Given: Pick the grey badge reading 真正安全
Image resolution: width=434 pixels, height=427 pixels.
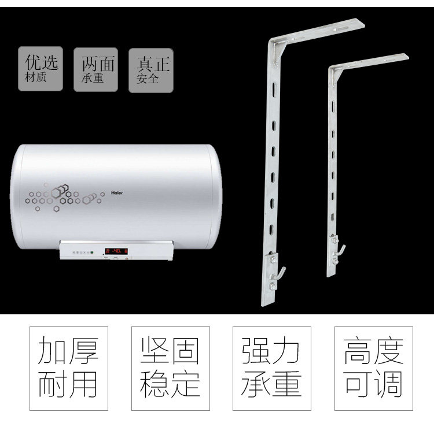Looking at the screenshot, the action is (150, 70).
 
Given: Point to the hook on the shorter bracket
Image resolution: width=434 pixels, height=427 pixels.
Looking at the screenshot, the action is (342, 250).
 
